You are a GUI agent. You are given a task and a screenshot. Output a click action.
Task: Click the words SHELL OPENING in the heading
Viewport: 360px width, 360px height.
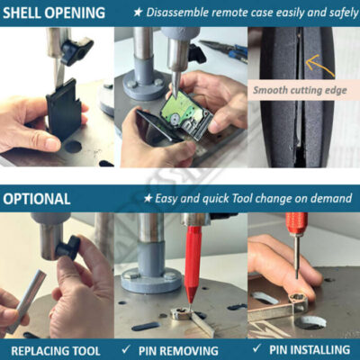coord(54,13)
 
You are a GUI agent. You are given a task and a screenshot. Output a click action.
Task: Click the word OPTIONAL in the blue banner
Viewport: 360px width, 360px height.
coord(37,199)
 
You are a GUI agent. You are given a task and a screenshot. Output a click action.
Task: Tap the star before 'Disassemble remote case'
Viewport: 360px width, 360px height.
coord(138,13)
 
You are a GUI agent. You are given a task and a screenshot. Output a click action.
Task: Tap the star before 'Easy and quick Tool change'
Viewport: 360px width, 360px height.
coord(148,198)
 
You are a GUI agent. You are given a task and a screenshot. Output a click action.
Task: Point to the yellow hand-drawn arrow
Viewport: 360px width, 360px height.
coord(319,66)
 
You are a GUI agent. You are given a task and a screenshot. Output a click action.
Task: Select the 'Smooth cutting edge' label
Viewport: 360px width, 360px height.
coord(300,90)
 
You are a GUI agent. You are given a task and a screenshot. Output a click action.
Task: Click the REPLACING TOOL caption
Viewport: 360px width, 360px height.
coord(56,351)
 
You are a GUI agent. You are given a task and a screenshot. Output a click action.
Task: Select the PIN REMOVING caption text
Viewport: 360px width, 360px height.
coord(178,351)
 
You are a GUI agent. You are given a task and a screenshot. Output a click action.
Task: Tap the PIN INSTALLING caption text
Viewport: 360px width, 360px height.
coord(310,350)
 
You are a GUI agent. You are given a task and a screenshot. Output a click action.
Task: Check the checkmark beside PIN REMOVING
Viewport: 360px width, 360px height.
coord(126,349)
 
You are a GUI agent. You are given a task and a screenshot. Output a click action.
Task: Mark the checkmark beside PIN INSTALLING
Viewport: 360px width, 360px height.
coord(256,348)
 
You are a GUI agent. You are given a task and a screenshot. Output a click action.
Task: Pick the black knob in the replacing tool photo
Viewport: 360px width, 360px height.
coord(68,247)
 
